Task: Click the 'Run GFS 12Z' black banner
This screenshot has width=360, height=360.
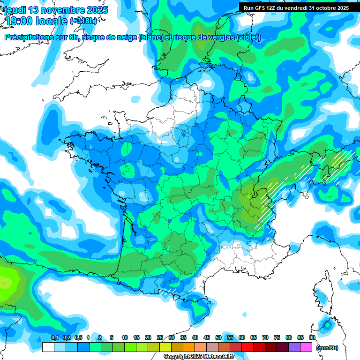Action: click(x=296, y=8)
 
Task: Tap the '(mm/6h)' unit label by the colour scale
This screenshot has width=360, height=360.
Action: click(x=327, y=348)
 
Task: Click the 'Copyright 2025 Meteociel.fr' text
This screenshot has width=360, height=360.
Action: click(x=199, y=357)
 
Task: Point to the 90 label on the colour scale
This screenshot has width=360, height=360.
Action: click(x=312, y=338)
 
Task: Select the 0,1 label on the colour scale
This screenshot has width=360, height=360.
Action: click(x=54, y=338)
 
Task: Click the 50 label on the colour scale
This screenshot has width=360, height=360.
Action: click(x=218, y=338)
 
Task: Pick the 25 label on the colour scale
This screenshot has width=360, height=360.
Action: click(x=160, y=338)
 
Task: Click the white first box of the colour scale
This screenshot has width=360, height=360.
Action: click(x=48, y=347)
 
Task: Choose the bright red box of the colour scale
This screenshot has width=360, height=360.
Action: click(x=247, y=347)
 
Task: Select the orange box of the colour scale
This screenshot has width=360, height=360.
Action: click(x=189, y=347)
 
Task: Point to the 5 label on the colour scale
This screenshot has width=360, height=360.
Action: click(x=112, y=338)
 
